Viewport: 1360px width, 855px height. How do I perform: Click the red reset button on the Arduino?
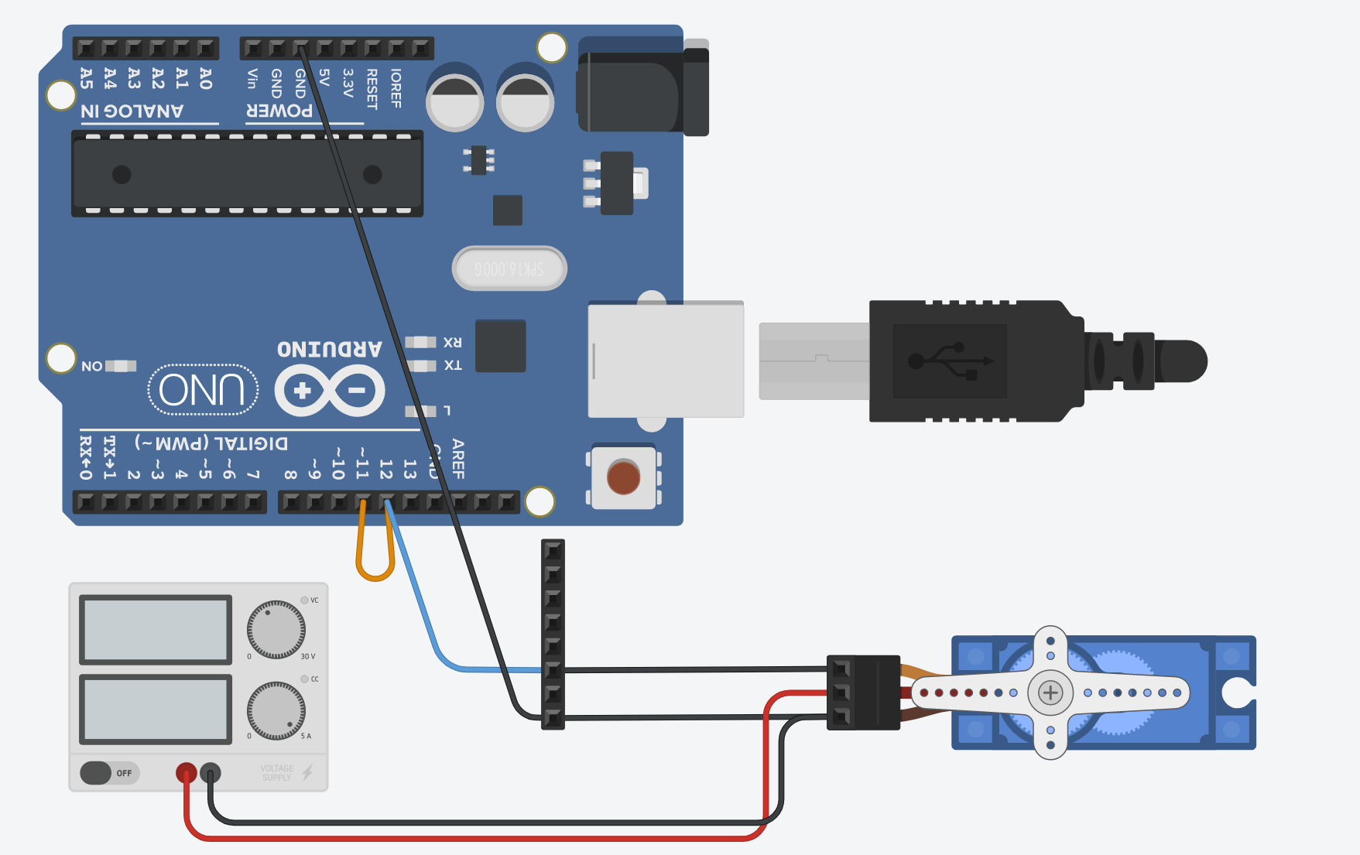click(x=623, y=477)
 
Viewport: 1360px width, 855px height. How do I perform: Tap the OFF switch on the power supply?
click(x=97, y=773)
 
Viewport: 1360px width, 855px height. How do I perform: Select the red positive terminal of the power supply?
click(x=187, y=772)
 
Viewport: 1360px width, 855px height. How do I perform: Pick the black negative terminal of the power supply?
click(x=211, y=772)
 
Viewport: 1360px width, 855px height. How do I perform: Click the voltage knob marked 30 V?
click(x=276, y=630)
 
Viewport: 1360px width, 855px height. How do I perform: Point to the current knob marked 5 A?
click(x=276, y=710)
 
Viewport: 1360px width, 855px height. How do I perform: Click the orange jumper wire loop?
click(x=375, y=557)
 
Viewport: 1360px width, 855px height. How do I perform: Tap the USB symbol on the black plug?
click(x=950, y=361)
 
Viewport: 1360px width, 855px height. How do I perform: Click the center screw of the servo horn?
click(x=1050, y=693)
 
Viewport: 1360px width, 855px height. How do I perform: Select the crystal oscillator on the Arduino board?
click(x=509, y=268)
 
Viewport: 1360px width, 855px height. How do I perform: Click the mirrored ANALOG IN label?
click(x=132, y=111)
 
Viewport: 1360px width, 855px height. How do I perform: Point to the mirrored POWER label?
click(x=279, y=111)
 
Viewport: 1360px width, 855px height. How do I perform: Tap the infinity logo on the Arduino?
click(x=330, y=391)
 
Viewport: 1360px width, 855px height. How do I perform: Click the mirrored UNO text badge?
click(x=203, y=389)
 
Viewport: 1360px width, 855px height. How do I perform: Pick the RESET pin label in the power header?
click(x=372, y=88)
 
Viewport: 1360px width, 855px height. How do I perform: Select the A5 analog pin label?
click(x=86, y=78)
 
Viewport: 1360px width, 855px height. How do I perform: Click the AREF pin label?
click(x=458, y=459)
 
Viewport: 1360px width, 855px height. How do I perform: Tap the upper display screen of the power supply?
click(x=156, y=630)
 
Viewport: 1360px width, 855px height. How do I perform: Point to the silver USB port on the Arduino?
click(x=666, y=361)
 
